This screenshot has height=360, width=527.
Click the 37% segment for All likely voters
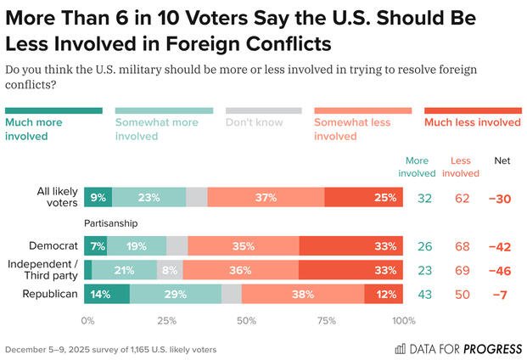pos(266,198)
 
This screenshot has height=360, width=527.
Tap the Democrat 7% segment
pos(98,246)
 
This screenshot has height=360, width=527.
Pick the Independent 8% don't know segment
pos(170,270)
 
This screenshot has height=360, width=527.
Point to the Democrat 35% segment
pos(244,246)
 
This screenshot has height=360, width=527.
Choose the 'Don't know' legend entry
pos(263,122)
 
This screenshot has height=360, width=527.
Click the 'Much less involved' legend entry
pos(472,122)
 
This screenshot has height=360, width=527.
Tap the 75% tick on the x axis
pos(326,321)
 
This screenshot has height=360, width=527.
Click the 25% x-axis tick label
pos(166,321)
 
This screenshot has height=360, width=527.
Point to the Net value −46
pos(502,270)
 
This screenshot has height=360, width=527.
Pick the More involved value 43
pos(425,294)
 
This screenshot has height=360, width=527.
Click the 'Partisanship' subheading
pos(110,223)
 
